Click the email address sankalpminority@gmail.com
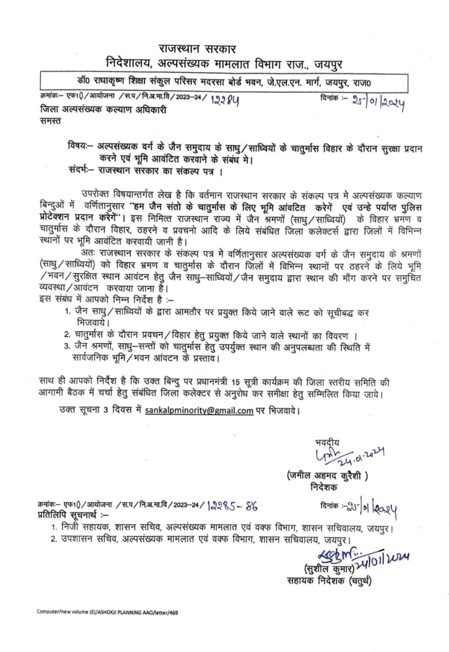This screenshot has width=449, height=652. coord(199,411)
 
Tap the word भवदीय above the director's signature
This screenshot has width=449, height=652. coord(327,442)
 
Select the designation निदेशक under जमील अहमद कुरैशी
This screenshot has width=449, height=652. coord(325,487)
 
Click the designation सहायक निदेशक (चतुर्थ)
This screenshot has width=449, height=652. coord(329,581)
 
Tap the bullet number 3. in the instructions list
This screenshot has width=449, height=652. coord(67,346)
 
